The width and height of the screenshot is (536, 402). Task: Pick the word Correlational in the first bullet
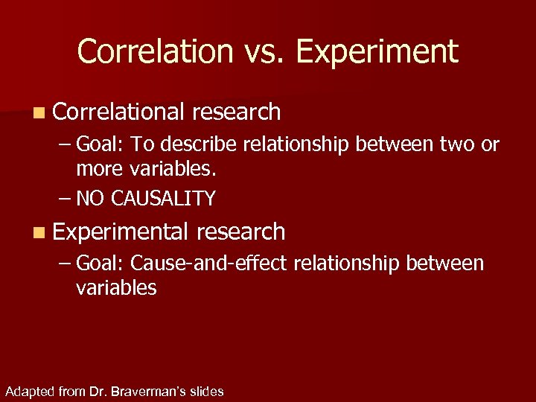118,112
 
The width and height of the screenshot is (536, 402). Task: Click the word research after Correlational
236,112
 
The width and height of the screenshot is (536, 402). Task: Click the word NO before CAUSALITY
90,198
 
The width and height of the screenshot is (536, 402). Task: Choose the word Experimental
119,232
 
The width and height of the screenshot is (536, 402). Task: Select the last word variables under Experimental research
115,288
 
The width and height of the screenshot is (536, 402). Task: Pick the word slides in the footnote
206,391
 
